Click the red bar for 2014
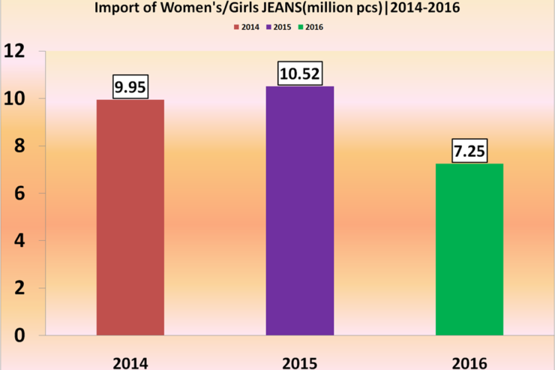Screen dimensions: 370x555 130,218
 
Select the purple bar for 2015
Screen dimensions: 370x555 300,211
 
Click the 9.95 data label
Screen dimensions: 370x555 130,88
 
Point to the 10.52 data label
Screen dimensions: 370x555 300,74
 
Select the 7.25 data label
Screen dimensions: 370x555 469,152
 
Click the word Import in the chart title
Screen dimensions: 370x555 117,8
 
